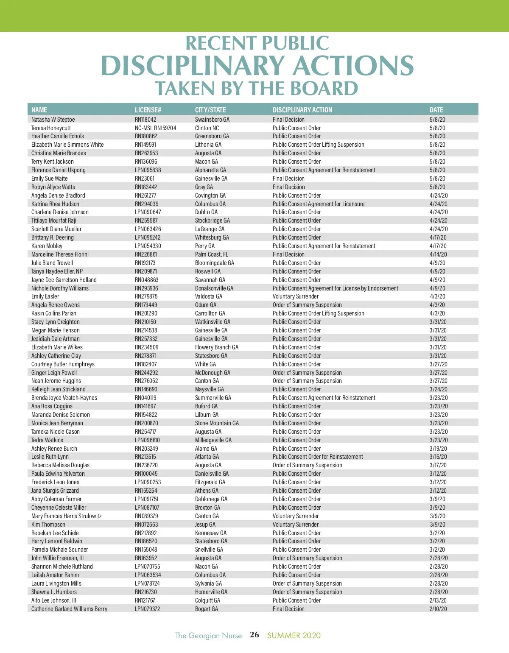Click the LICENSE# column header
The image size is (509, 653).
(x=148, y=110)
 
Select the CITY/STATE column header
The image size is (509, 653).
(x=210, y=110)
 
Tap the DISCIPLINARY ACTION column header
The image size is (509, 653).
(x=302, y=110)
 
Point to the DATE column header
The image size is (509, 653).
(x=436, y=110)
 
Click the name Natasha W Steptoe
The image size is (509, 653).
(x=53, y=120)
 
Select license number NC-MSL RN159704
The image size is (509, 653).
(x=156, y=128)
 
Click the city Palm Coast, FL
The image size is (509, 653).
(x=212, y=254)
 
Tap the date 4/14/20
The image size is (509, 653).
(x=438, y=254)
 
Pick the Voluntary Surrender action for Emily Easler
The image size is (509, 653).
(x=296, y=296)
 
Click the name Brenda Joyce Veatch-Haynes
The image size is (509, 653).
(x=64, y=398)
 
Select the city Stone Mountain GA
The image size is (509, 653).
(x=217, y=423)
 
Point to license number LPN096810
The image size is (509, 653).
(x=147, y=440)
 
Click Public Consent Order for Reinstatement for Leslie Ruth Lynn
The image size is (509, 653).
(x=318, y=457)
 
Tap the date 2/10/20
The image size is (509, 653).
(x=438, y=609)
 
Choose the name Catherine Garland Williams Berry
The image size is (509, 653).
(x=69, y=609)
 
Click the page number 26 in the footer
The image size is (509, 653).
(x=255, y=635)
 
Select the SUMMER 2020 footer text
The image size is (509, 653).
(x=294, y=635)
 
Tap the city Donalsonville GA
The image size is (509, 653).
(x=214, y=288)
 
